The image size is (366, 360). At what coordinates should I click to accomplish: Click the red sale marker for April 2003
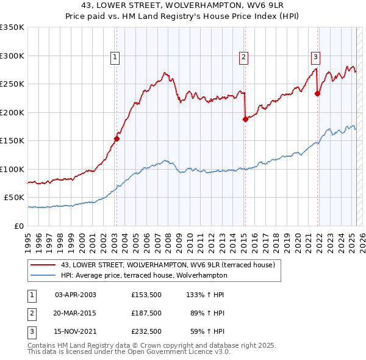pyautogui.click(x=117, y=139)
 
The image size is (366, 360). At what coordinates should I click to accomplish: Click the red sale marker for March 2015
pyautogui.click(x=245, y=120)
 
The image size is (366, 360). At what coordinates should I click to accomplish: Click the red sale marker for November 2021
pyautogui.click(x=317, y=94)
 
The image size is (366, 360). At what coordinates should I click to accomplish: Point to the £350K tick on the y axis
pyautogui.click(x=12, y=27)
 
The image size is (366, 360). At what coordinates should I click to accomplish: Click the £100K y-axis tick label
pyautogui.click(x=12, y=169)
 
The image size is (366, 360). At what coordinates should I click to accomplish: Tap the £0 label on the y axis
pyautogui.click(x=18, y=226)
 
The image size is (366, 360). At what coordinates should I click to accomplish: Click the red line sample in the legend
pyautogui.click(x=43, y=265)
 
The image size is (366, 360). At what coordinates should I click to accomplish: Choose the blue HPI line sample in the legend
pyautogui.click(x=43, y=275)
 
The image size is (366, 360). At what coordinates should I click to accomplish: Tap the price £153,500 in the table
pyautogui.click(x=146, y=295)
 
